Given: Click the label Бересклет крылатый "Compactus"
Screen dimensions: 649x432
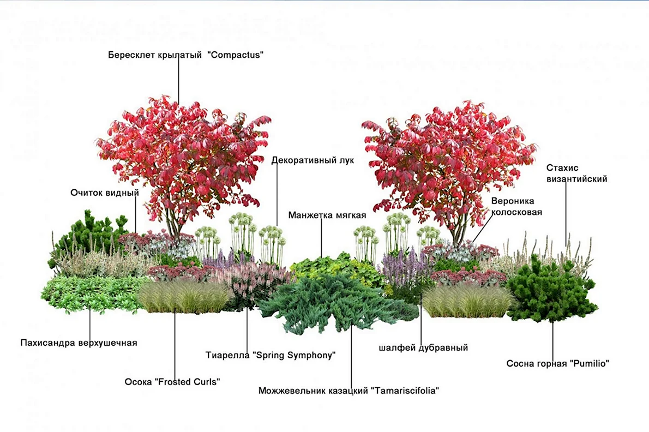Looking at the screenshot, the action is click(186, 55).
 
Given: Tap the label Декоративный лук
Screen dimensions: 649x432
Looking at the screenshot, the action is click(313, 160).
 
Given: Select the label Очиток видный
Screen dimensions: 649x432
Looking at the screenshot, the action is click(105, 193).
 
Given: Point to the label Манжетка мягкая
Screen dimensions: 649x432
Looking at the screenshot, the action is click(327, 215).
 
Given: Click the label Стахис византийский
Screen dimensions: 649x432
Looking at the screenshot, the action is click(576, 173).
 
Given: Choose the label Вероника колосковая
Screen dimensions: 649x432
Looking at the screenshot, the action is click(516, 207).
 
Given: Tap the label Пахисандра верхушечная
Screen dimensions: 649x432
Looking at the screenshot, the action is click(79, 343).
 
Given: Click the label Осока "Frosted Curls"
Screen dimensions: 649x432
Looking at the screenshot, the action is click(172, 382).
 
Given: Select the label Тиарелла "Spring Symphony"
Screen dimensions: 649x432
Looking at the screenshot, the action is click(271, 356).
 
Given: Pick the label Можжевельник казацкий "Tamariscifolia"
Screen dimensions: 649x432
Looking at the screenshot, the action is click(348, 391).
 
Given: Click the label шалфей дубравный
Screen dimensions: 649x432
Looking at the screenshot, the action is click(423, 348).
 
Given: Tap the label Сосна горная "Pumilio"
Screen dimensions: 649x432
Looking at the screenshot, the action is click(558, 364).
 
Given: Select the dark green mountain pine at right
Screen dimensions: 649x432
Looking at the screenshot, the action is click(550, 290).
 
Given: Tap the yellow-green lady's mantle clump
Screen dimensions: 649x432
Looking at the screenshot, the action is click(331, 268).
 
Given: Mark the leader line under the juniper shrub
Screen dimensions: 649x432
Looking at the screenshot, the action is click(352, 356).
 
